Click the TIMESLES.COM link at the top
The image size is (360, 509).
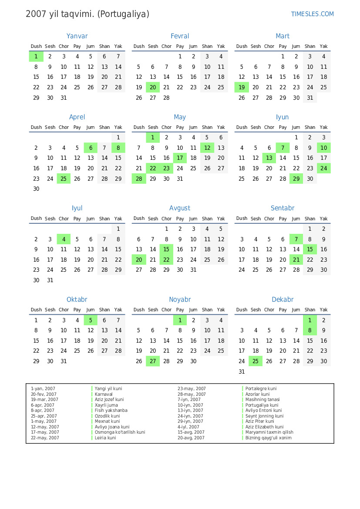pos(312,14)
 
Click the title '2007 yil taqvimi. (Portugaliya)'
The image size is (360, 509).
pos(87,14)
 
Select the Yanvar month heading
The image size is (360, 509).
pos(77,36)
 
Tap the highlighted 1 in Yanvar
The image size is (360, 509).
pos(36,56)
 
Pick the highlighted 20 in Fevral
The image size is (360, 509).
pos(153,88)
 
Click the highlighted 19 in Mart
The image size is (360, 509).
pos(242,88)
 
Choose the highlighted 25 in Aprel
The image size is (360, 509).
pos(64,179)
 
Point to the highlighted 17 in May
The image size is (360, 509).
pos(180,158)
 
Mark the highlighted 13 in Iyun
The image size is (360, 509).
pos(269,158)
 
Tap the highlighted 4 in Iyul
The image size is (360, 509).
pos(64,239)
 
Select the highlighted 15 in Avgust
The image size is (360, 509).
pos(166,249)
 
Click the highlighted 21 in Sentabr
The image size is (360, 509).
pos(296,260)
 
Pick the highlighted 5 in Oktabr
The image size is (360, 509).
pos(91,320)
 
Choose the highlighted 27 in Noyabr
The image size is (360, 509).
pos(153,361)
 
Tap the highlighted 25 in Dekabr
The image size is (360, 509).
pos(256,361)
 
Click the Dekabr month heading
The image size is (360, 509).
pos(283,300)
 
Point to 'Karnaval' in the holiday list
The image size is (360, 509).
pos(104,394)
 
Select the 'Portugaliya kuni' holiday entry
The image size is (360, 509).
pos(262,405)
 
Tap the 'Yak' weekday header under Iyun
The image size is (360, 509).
pos(323,127)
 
